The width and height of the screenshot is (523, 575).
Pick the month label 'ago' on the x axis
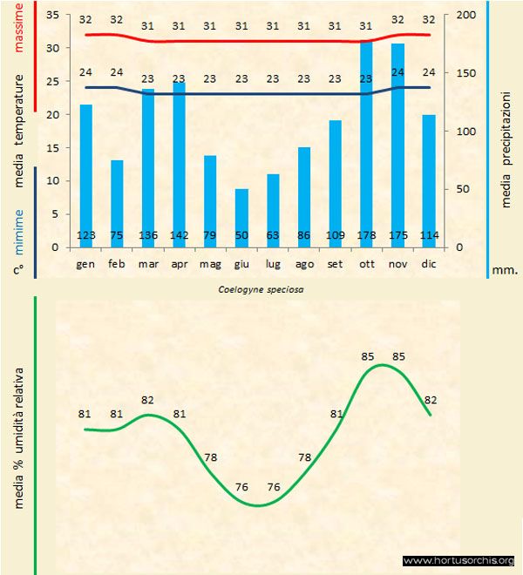click(304, 263)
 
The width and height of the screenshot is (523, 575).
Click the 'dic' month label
click(428, 263)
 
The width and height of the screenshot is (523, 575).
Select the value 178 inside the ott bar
click(366, 236)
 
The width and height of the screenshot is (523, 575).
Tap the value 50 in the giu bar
click(241, 236)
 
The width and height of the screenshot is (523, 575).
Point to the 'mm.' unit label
click(506, 270)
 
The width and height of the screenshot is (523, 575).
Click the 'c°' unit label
click(18, 270)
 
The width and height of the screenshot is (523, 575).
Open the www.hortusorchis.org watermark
click(458, 561)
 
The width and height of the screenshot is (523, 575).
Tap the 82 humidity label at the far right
click(429, 400)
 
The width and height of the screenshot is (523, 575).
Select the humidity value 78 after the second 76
click(304, 457)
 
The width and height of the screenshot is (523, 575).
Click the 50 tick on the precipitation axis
click(462, 189)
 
